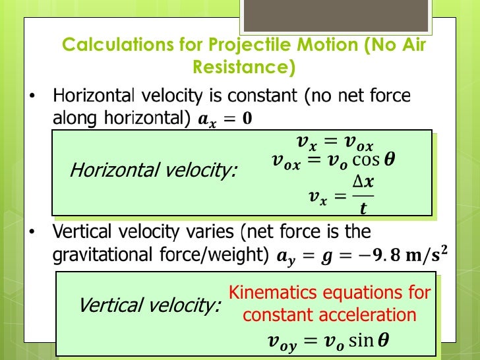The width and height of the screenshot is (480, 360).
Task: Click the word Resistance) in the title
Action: click(243, 67)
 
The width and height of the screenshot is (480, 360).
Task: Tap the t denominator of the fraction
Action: click(363, 208)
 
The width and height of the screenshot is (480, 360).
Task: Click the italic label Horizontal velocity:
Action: click(154, 171)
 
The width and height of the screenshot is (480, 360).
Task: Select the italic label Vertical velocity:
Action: click(149, 305)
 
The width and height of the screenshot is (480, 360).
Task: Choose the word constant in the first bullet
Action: click(262, 96)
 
